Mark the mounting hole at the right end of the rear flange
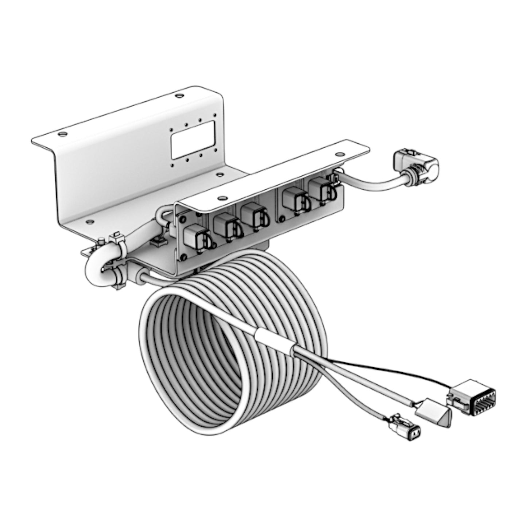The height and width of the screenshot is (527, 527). tap(178, 96)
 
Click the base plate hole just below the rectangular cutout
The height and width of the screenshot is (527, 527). tap(219, 175)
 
